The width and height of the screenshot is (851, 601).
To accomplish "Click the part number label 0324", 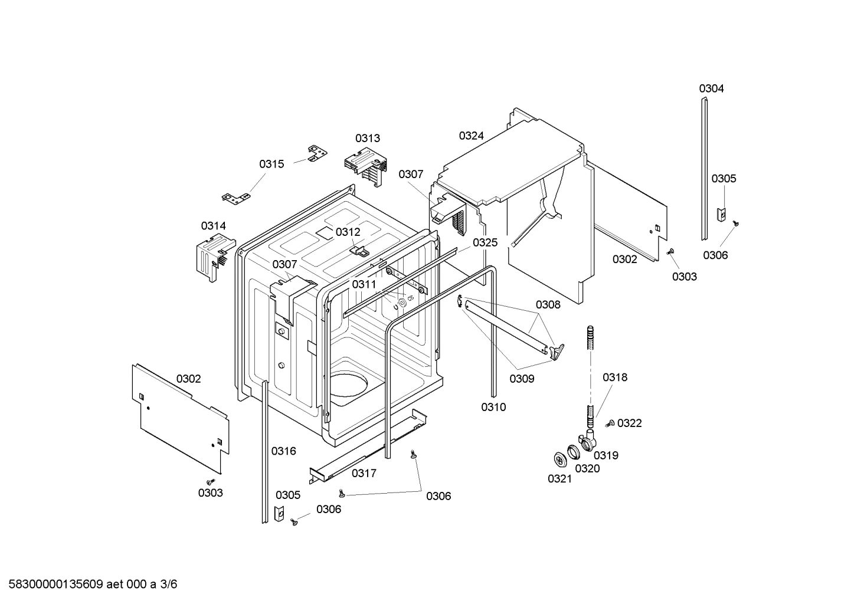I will (x=471, y=136).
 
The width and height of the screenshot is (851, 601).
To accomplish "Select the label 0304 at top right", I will (x=711, y=88).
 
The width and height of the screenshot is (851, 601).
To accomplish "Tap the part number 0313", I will (x=367, y=138).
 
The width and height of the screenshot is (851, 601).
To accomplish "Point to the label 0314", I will (x=213, y=226).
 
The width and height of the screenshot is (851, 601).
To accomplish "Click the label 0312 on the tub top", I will (x=348, y=232).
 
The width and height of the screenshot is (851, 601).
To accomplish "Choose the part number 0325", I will (x=485, y=242).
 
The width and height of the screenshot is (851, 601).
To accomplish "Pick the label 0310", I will (x=493, y=407).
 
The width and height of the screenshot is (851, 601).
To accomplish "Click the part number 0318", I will (x=615, y=377).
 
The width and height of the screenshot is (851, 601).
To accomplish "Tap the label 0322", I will (x=630, y=423).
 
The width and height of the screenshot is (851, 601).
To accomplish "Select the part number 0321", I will (x=559, y=479).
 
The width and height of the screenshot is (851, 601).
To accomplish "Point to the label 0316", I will (x=283, y=451).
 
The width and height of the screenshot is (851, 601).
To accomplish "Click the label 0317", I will (x=364, y=473).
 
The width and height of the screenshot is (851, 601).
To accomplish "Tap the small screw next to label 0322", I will (x=610, y=423).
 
